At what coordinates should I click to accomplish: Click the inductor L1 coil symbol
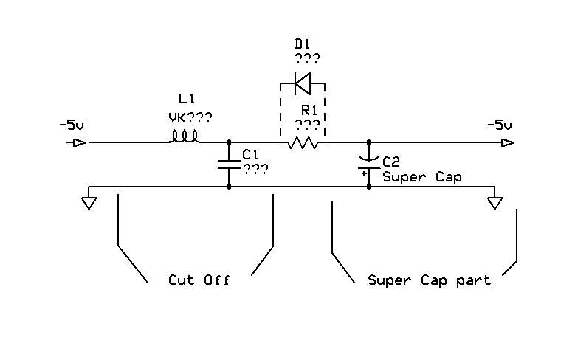185,136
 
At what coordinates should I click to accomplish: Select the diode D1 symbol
303,83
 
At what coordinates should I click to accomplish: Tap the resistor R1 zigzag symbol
303,142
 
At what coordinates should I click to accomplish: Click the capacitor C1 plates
229,165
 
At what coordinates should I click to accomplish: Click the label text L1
188,99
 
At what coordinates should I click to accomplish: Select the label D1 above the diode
303,45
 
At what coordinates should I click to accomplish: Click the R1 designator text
307,111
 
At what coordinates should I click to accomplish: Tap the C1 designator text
251,154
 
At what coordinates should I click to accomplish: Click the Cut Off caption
199,280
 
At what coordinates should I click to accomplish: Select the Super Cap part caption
430,280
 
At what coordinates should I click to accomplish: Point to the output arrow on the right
507,142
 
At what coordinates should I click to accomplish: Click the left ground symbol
89,201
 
